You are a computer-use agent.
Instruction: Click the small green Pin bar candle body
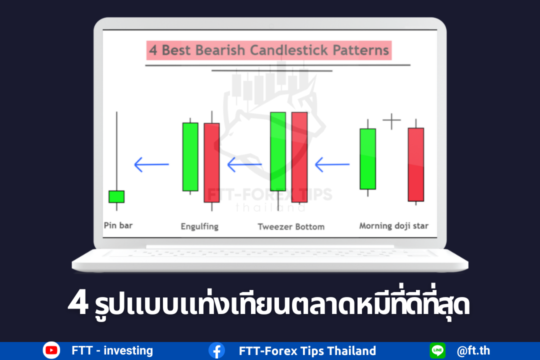point(116,196)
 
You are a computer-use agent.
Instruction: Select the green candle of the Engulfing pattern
point(190,156)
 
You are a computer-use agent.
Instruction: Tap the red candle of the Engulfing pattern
point(212,162)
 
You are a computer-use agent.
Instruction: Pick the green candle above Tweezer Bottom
point(278,151)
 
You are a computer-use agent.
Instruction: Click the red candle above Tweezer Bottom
point(299,157)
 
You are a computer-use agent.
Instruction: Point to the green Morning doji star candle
point(368,159)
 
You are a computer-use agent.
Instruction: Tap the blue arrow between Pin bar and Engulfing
point(151,164)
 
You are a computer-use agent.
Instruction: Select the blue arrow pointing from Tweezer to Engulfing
point(244,164)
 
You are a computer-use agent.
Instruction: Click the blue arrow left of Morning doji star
point(332,164)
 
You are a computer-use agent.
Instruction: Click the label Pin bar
point(118,225)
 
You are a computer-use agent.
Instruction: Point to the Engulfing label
point(199,226)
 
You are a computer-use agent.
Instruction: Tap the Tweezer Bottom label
point(291,226)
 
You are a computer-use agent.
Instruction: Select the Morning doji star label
point(394,226)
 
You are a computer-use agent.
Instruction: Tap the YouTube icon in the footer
point(51,350)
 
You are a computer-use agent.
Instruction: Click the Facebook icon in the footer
point(216,350)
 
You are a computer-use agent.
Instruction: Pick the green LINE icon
point(437,350)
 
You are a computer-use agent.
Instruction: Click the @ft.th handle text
point(473,350)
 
